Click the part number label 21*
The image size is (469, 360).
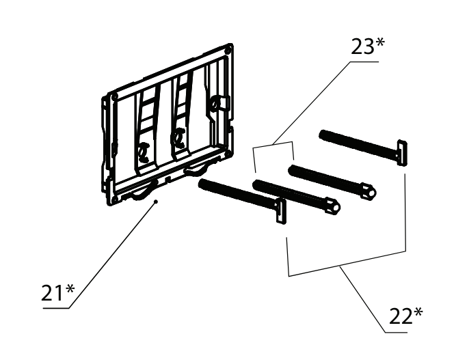pos(57,292)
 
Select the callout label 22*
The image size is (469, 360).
pos(406,316)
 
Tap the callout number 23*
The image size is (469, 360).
pos(367,46)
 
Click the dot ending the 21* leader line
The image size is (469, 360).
pos(156,202)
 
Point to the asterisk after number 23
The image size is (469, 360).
pos(379,43)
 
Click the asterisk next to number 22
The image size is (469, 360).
pos(418,312)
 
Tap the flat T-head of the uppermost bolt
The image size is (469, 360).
pos(401,152)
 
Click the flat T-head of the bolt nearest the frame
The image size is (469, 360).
pos(280,211)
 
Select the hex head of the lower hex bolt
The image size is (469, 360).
pos(333,206)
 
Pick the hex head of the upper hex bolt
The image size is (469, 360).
pos(368,192)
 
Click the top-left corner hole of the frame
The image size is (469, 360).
pos(115,97)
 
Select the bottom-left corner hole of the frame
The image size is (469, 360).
pos(113,199)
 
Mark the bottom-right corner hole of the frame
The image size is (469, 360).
pos(228,154)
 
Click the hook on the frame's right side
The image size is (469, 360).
pos(216,103)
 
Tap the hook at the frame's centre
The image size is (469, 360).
pos(178,138)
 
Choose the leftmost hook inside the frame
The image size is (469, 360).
pos(144,152)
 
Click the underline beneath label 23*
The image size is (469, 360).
pos(364,62)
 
